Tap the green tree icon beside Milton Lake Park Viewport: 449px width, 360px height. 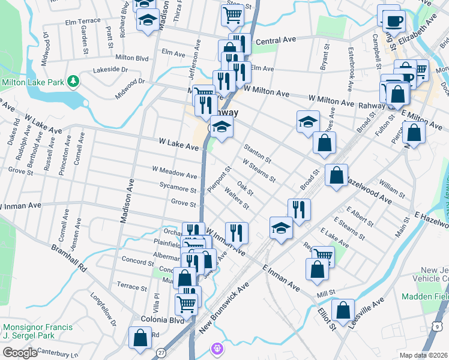pyautogui.click(x=73, y=80)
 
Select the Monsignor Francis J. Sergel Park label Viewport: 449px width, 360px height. pyautogui.click(x=37, y=331)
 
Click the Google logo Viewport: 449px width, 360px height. pyautogui.click(x=20, y=353)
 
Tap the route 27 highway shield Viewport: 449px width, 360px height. pyautogui.click(x=160, y=355)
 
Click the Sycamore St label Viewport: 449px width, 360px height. pyautogui.click(x=178, y=189)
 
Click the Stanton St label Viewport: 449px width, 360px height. pyautogui.click(x=258, y=153)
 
